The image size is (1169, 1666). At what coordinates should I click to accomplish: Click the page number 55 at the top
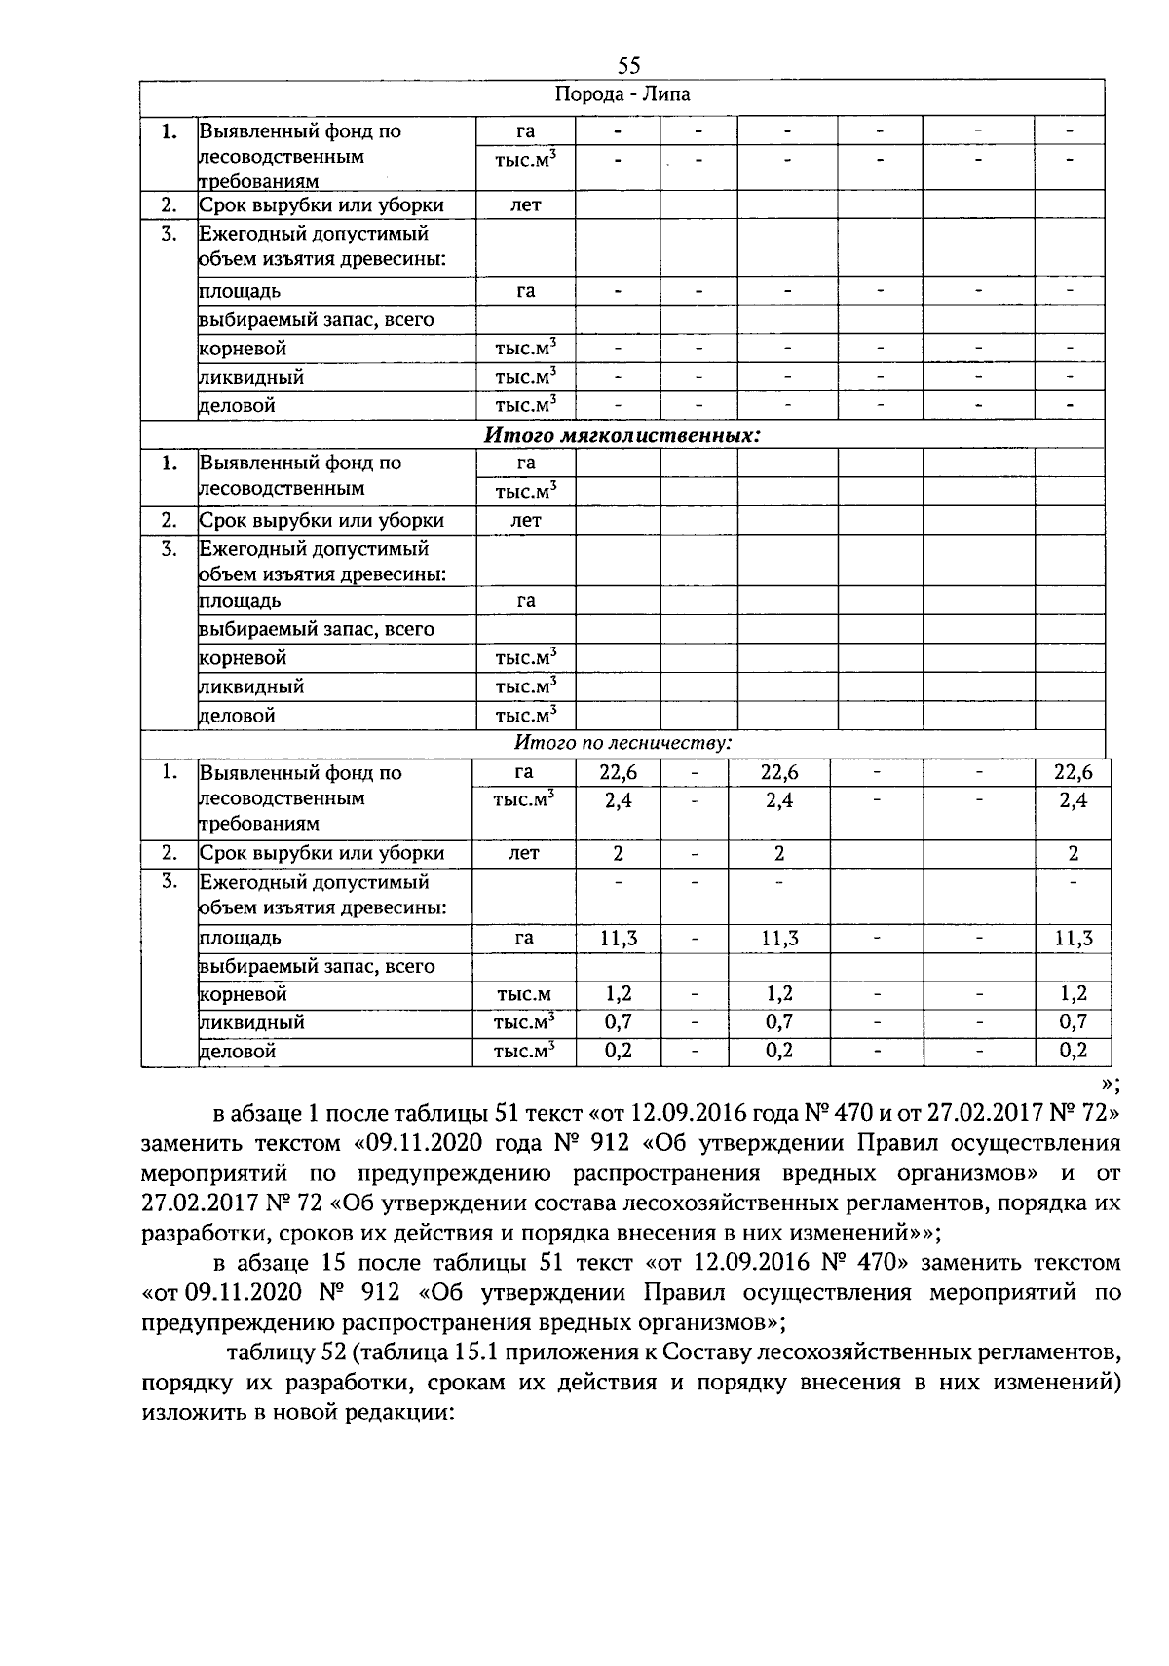click(x=628, y=66)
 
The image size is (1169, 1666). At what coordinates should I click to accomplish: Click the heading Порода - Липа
click(x=622, y=95)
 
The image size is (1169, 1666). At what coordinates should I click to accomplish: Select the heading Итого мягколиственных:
click(x=622, y=435)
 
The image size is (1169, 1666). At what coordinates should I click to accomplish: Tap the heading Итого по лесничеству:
click(x=622, y=743)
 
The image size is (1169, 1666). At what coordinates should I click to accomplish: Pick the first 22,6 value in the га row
click(x=618, y=773)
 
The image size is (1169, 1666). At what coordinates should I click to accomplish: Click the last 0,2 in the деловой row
click(x=1073, y=1051)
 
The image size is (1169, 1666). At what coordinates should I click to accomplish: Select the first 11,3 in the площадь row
click(x=618, y=939)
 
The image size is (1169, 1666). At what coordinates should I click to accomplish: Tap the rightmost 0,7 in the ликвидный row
click(x=1073, y=1022)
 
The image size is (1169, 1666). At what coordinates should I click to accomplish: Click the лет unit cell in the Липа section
click(x=525, y=204)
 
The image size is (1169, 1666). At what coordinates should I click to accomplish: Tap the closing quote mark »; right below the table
click(x=1110, y=1085)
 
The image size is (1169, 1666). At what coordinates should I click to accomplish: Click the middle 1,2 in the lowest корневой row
click(x=778, y=994)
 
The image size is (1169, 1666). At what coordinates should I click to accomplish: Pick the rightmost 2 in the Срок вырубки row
click(x=1073, y=854)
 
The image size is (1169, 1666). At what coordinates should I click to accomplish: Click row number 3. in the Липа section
click(x=169, y=234)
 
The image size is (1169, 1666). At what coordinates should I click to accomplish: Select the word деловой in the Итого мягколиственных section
click(x=237, y=716)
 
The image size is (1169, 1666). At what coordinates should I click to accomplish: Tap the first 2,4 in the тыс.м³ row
click(x=618, y=801)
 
